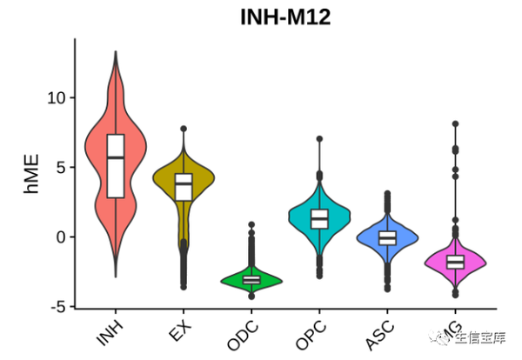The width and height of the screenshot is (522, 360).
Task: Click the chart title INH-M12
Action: [x=286, y=16]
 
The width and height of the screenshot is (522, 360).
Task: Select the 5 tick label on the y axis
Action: [x=58, y=167]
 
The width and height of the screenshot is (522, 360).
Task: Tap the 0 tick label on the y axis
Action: [x=58, y=237]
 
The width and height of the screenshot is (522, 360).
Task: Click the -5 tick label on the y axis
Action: [x=56, y=306]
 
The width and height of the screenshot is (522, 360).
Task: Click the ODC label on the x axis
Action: [x=244, y=334]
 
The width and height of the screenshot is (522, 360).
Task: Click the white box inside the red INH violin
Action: [x=116, y=166]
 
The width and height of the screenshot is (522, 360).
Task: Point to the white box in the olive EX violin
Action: [x=184, y=187]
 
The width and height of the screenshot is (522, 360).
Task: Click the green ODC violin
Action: [x=251, y=279]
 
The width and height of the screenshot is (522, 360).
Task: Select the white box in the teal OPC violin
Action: [x=319, y=218]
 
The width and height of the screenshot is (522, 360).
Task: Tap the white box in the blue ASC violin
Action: [x=387, y=237]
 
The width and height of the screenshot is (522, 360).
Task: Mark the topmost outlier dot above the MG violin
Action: [x=455, y=124]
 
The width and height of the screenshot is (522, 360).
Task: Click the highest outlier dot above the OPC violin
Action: [x=319, y=139]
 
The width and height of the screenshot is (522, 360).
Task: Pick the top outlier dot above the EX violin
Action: [x=184, y=129]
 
